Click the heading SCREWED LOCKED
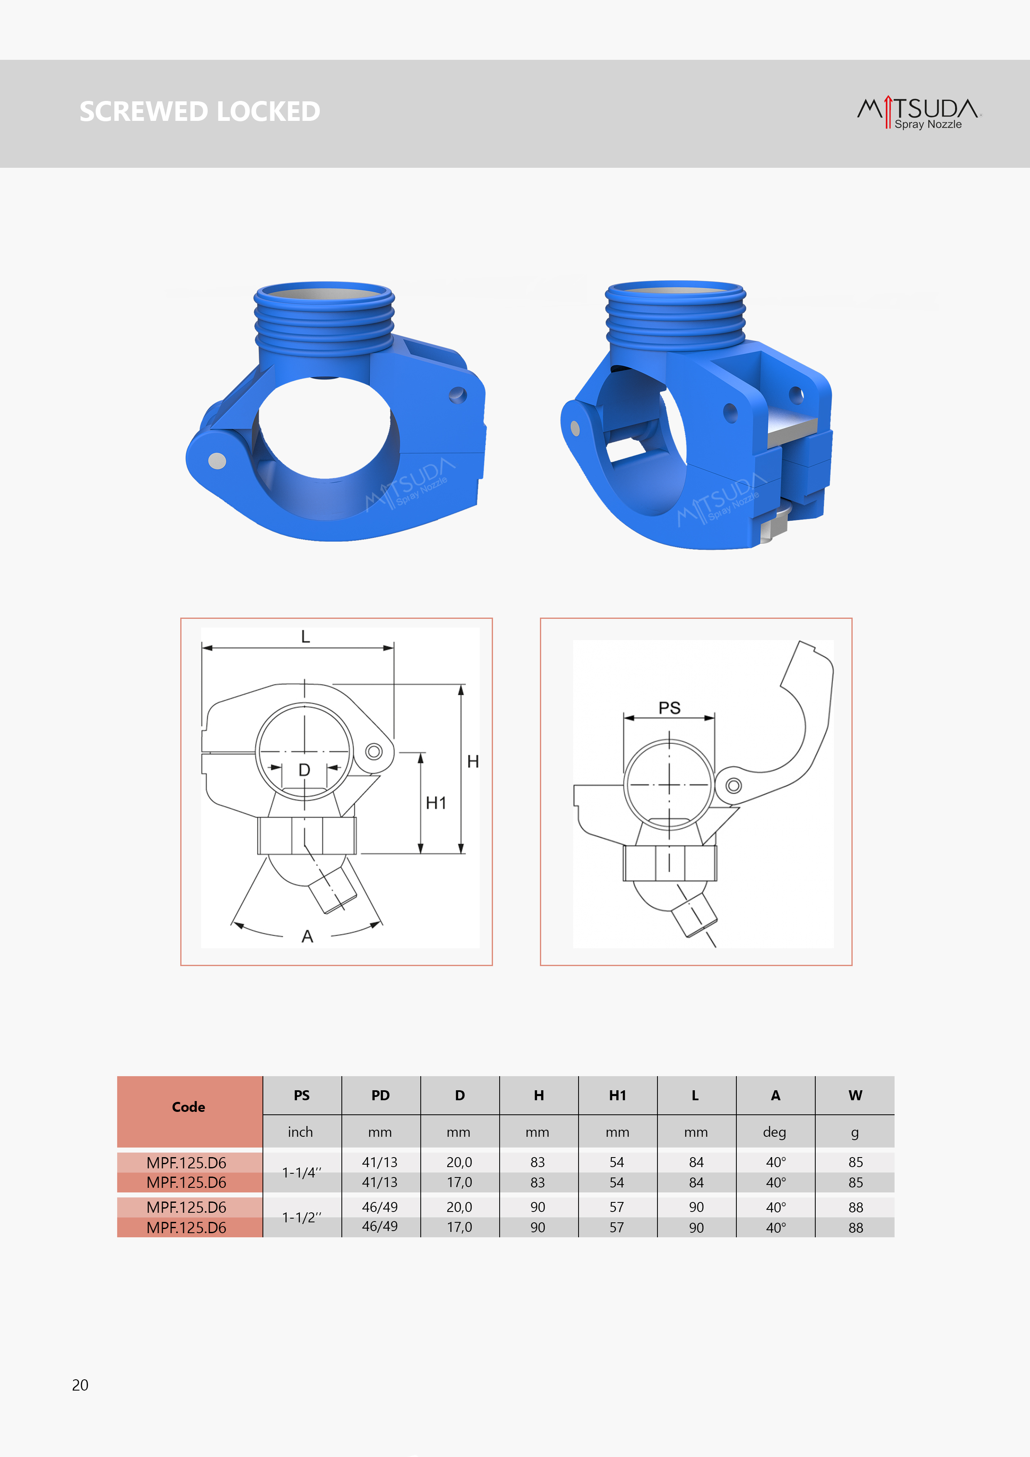pyautogui.click(x=200, y=112)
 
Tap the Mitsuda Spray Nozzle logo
pyautogui.click(x=919, y=113)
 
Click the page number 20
pyautogui.click(x=80, y=1385)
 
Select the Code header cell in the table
pyautogui.click(x=189, y=1107)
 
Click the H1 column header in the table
pyautogui.click(x=618, y=1095)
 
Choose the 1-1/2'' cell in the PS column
pyautogui.click(x=302, y=1217)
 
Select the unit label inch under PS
pyautogui.click(x=300, y=1132)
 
